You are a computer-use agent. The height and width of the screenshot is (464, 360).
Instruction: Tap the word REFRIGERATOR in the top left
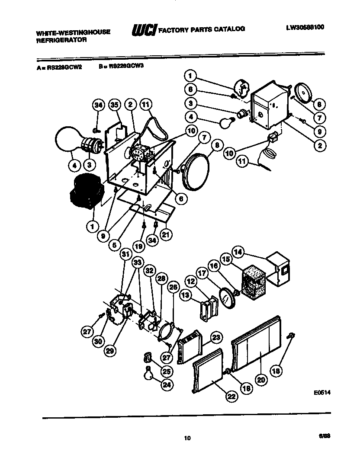pyautogui.click(x=61, y=39)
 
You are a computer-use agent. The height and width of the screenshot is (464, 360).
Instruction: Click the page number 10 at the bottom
pyautogui.click(x=187, y=438)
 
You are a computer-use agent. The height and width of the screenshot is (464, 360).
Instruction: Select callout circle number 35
pyautogui.click(x=114, y=105)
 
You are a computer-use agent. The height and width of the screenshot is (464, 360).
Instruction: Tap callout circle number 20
pyautogui.click(x=260, y=380)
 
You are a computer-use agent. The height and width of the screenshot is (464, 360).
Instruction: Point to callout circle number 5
pyautogui.click(x=114, y=244)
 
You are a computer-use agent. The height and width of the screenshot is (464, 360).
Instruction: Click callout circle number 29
pyautogui.click(x=110, y=351)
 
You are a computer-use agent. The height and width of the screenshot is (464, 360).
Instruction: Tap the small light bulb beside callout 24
pyautogui.click(x=148, y=372)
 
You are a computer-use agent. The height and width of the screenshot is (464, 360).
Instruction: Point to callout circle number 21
pyautogui.click(x=165, y=234)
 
